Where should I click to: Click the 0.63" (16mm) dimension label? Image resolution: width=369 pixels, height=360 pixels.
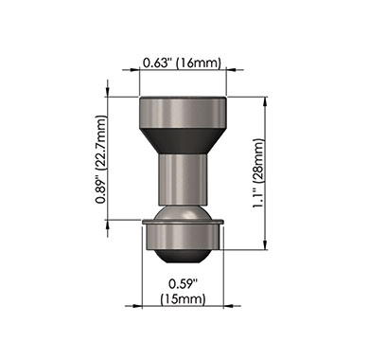pos(182,63)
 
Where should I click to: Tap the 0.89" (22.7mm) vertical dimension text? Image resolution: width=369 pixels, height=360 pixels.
pos(102,159)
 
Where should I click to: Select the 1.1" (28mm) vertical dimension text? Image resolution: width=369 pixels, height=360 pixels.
pos(258,173)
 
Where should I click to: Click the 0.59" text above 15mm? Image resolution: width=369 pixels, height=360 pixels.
pos(183,283)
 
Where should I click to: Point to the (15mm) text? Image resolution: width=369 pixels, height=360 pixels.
pos(183,298)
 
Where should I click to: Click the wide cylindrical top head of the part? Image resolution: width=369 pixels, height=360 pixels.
pos(183,113)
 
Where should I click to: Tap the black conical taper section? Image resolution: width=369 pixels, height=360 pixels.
pos(183,141)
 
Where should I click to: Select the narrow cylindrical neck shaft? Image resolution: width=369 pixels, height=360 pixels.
pos(183,179)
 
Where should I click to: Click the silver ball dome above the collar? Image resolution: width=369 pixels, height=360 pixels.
pos(183,213)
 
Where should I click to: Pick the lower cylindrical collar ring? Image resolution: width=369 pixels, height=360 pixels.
pos(183,237)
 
